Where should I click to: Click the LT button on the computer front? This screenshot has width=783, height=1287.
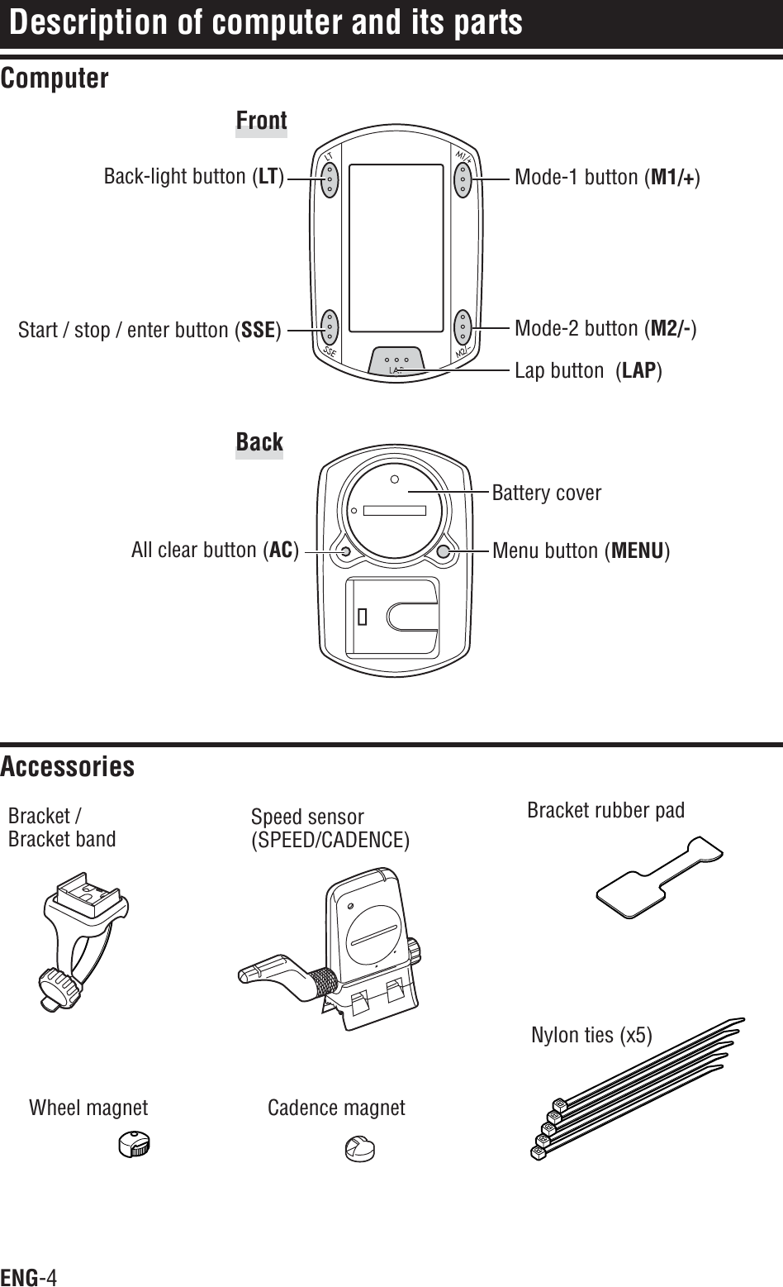[x=330, y=177]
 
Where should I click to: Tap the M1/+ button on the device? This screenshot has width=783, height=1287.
[x=463, y=177]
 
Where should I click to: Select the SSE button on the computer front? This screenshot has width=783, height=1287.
[x=330, y=328]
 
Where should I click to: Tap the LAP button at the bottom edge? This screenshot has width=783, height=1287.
[x=397, y=361]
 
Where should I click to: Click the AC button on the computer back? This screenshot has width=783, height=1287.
[x=345, y=551]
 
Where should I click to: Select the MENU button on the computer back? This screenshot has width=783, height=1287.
[x=444, y=551]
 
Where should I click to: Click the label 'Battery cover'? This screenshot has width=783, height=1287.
[x=547, y=493]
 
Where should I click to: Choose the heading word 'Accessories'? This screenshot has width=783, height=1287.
[x=68, y=767]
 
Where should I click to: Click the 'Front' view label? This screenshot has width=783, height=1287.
[x=261, y=121]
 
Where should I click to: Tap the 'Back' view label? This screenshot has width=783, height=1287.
[x=259, y=442]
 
